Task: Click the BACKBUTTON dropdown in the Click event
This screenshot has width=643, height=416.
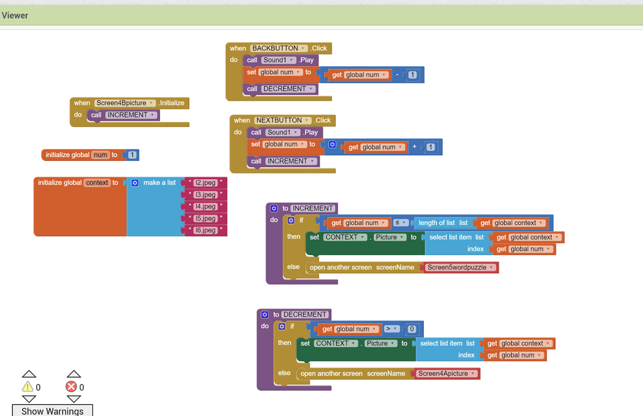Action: [279, 48]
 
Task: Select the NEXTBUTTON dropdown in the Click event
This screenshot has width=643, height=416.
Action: [283, 120]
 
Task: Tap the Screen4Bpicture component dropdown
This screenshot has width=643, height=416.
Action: [125, 102]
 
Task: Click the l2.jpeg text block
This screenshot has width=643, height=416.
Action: [205, 183]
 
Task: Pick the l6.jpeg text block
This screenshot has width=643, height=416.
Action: [205, 231]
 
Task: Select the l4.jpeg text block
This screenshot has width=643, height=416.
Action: [205, 207]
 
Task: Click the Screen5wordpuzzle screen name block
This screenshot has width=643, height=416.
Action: [460, 267]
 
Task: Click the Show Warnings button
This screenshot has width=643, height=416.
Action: [52, 411]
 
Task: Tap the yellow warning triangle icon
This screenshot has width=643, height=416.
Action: [28, 386]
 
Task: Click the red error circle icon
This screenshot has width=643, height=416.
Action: [71, 386]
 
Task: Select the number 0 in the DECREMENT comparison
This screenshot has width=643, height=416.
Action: [412, 329]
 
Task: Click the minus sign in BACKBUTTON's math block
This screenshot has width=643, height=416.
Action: [397, 75]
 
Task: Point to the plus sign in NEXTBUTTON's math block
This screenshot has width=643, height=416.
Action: [414, 147]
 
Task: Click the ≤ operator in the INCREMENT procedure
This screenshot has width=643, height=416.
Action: [400, 222]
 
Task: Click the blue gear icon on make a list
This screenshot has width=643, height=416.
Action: [134, 183]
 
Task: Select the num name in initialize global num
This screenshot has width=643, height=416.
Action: [100, 155]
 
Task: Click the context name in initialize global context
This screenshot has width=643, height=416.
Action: [97, 183]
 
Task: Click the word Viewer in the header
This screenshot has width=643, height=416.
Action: [15, 15]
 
